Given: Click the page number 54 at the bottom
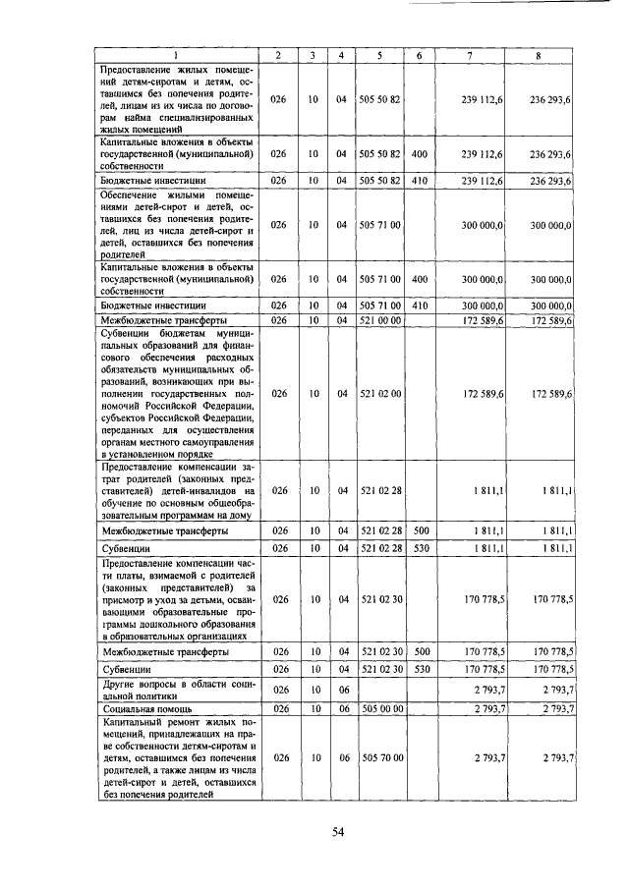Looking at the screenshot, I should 336,832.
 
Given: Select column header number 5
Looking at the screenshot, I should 379,55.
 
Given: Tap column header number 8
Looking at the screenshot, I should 538,55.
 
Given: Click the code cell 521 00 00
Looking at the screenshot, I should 379,320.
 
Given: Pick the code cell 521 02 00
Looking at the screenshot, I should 379,393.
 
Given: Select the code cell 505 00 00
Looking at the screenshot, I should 379,707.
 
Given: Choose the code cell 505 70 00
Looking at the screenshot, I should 379,757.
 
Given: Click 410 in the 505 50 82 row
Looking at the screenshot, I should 419,181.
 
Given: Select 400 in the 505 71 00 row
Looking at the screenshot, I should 419,279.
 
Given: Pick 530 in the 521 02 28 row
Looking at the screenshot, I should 419,547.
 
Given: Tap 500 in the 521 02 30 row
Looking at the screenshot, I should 419,650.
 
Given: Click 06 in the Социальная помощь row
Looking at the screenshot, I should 341,707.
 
